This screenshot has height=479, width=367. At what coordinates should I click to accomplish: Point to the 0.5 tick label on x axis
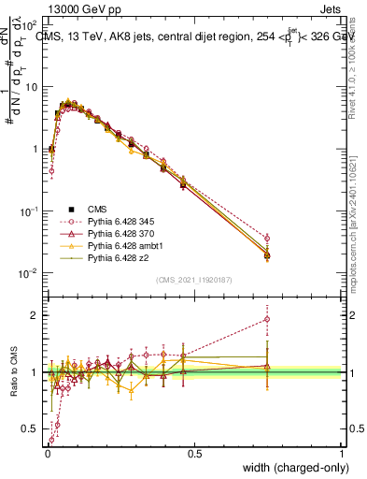193,453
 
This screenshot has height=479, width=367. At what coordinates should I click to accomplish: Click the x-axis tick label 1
342,453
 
